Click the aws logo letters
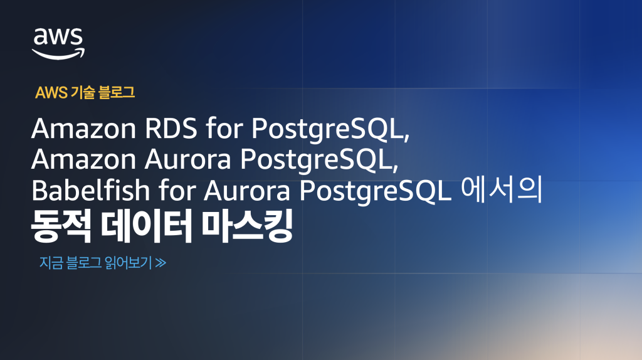(x=58, y=37)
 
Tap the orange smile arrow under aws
(x=58, y=53)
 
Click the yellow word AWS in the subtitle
(x=51, y=93)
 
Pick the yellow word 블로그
(x=117, y=93)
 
